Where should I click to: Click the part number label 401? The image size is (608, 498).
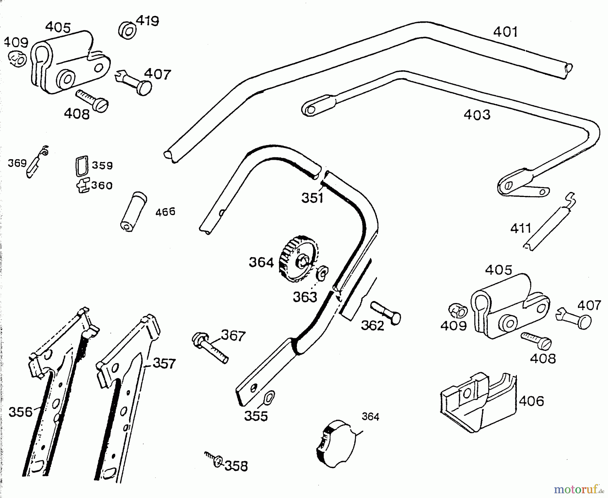coord(505,32)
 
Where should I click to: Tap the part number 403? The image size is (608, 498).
coord(477,115)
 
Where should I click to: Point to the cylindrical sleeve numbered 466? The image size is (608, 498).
coord(133,212)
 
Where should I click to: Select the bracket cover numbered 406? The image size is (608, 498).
coord(478,402)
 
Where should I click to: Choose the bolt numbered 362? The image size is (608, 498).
coord(385,312)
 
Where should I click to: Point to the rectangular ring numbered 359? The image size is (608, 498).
coord(81,166)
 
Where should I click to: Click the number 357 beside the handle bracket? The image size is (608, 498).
coord(164,364)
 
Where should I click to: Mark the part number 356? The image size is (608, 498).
coord(21,412)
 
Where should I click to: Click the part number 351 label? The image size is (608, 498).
coord(312,198)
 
